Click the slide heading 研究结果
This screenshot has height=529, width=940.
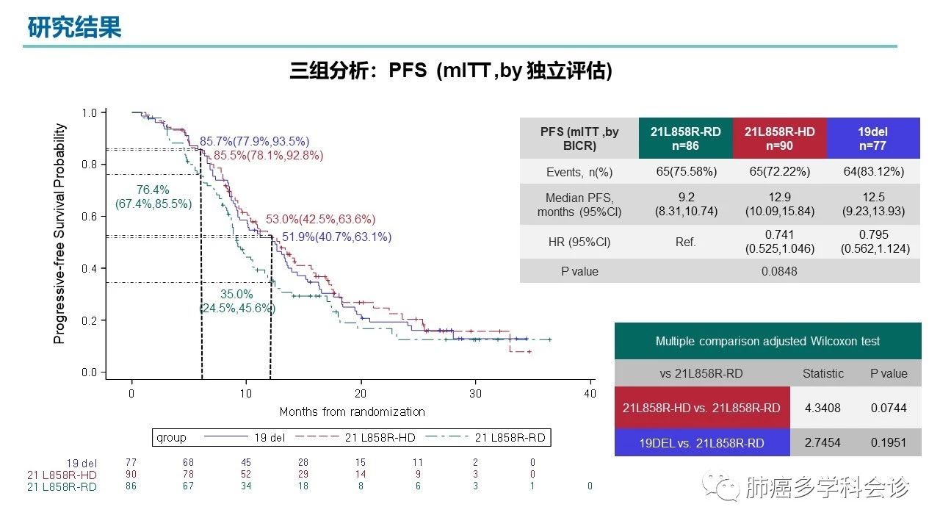coord(74,27)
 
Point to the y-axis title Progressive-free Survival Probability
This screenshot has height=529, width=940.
coord(59,234)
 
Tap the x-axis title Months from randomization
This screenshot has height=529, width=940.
coord(352,411)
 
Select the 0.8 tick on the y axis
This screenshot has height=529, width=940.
coord(89,165)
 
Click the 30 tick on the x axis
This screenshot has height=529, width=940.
coord(475,394)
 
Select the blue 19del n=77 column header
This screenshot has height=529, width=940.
coord(872,138)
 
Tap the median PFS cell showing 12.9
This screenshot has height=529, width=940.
coord(779,198)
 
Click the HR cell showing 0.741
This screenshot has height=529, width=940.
coord(779,235)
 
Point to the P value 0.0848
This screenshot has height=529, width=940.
coord(779,271)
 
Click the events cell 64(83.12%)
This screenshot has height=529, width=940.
coord(872,172)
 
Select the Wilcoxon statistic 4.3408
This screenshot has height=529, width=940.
coord(822,408)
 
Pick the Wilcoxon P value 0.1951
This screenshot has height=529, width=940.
coord(889,442)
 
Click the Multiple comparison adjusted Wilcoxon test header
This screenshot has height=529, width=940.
coord(767,342)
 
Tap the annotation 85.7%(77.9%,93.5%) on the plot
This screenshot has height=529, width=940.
coord(254,141)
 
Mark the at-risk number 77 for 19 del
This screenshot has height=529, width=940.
coord(131,463)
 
